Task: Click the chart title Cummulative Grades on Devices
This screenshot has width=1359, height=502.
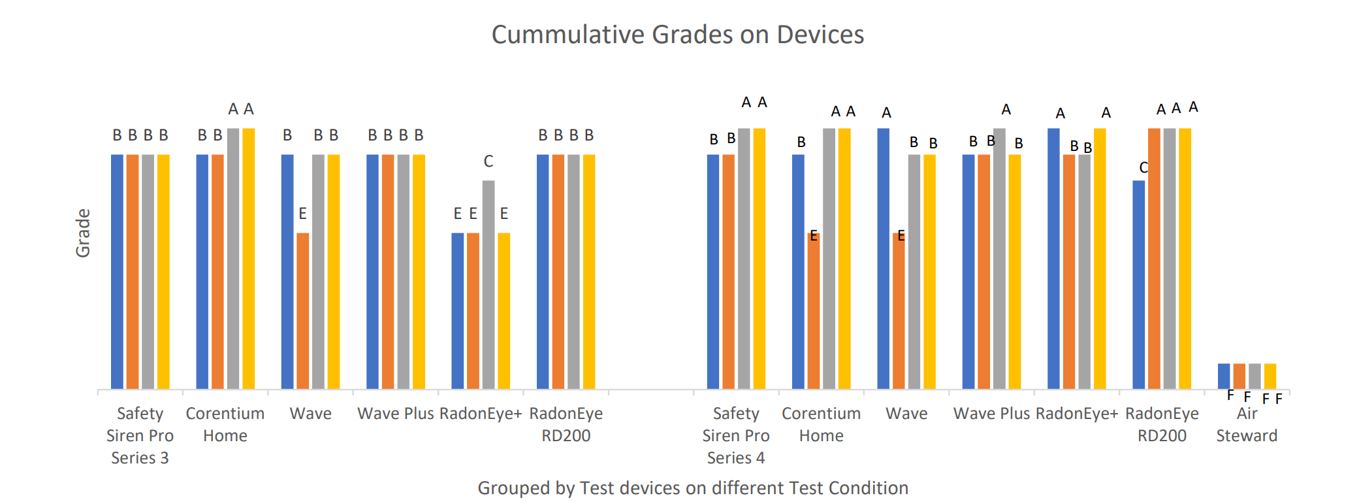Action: click(x=677, y=35)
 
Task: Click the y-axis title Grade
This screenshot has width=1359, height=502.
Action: click(x=83, y=233)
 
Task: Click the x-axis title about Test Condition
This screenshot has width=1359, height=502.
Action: click(x=692, y=488)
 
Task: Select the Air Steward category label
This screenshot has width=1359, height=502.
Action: click(x=1246, y=424)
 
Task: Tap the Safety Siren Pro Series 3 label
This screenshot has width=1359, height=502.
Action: click(x=140, y=435)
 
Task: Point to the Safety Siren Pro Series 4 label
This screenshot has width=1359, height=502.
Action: click(x=735, y=435)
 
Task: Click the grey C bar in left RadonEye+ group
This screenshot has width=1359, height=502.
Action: click(x=488, y=284)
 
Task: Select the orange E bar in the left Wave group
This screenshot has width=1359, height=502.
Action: click(x=302, y=310)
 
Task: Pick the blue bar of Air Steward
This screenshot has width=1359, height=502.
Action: click(x=1223, y=376)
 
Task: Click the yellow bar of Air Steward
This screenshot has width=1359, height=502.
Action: click(x=1270, y=376)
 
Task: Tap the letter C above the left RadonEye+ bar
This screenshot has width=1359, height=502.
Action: click(x=488, y=161)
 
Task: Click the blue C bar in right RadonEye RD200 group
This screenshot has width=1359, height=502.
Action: click(x=1138, y=284)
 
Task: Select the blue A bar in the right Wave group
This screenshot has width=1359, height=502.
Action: click(x=883, y=258)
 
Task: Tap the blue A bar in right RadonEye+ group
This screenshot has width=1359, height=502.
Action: click(x=1053, y=258)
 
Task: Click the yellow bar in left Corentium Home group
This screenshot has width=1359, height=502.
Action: click(x=248, y=258)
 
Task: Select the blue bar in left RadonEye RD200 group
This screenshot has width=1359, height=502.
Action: click(x=543, y=271)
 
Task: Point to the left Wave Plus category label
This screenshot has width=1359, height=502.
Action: click(x=395, y=414)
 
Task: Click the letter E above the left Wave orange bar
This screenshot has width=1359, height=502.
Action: click(x=302, y=214)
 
